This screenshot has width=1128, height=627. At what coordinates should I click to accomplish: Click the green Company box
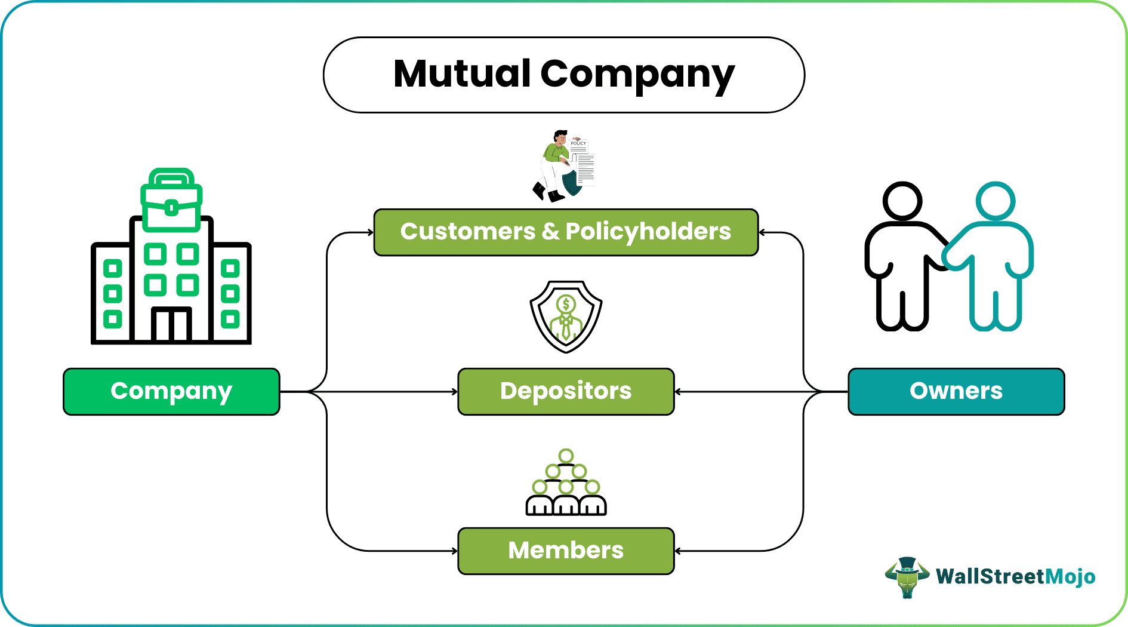[171, 392]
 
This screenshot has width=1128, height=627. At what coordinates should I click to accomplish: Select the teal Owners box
[956, 392]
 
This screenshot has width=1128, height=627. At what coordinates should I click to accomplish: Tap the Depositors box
[566, 392]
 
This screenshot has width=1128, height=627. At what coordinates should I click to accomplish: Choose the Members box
[566, 551]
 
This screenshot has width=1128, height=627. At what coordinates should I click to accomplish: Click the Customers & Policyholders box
[566, 232]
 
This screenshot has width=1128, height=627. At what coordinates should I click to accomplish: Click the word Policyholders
[648, 232]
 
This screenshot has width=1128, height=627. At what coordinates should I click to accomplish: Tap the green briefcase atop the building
[171, 202]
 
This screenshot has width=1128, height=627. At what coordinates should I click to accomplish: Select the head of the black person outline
[902, 201]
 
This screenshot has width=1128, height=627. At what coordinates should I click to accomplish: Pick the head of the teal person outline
[996, 201]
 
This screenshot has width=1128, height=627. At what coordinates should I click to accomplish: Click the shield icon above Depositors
[566, 317]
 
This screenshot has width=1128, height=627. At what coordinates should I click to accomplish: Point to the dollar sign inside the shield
[566, 305]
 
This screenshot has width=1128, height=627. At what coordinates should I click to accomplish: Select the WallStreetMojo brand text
[1015, 577]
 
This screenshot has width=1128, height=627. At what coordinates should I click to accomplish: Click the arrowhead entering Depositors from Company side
[455, 392]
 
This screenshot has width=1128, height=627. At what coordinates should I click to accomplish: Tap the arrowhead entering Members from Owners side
[677, 551]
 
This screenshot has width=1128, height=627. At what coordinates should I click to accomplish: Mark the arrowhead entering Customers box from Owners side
[762, 232]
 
